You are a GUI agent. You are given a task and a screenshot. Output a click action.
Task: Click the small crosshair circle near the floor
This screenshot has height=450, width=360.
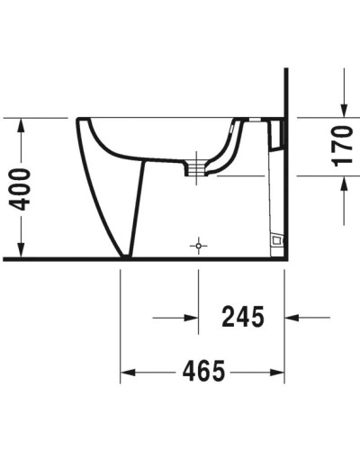(x=198, y=244)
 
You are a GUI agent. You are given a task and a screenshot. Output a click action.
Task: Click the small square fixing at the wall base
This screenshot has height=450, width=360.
(x=276, y=240)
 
